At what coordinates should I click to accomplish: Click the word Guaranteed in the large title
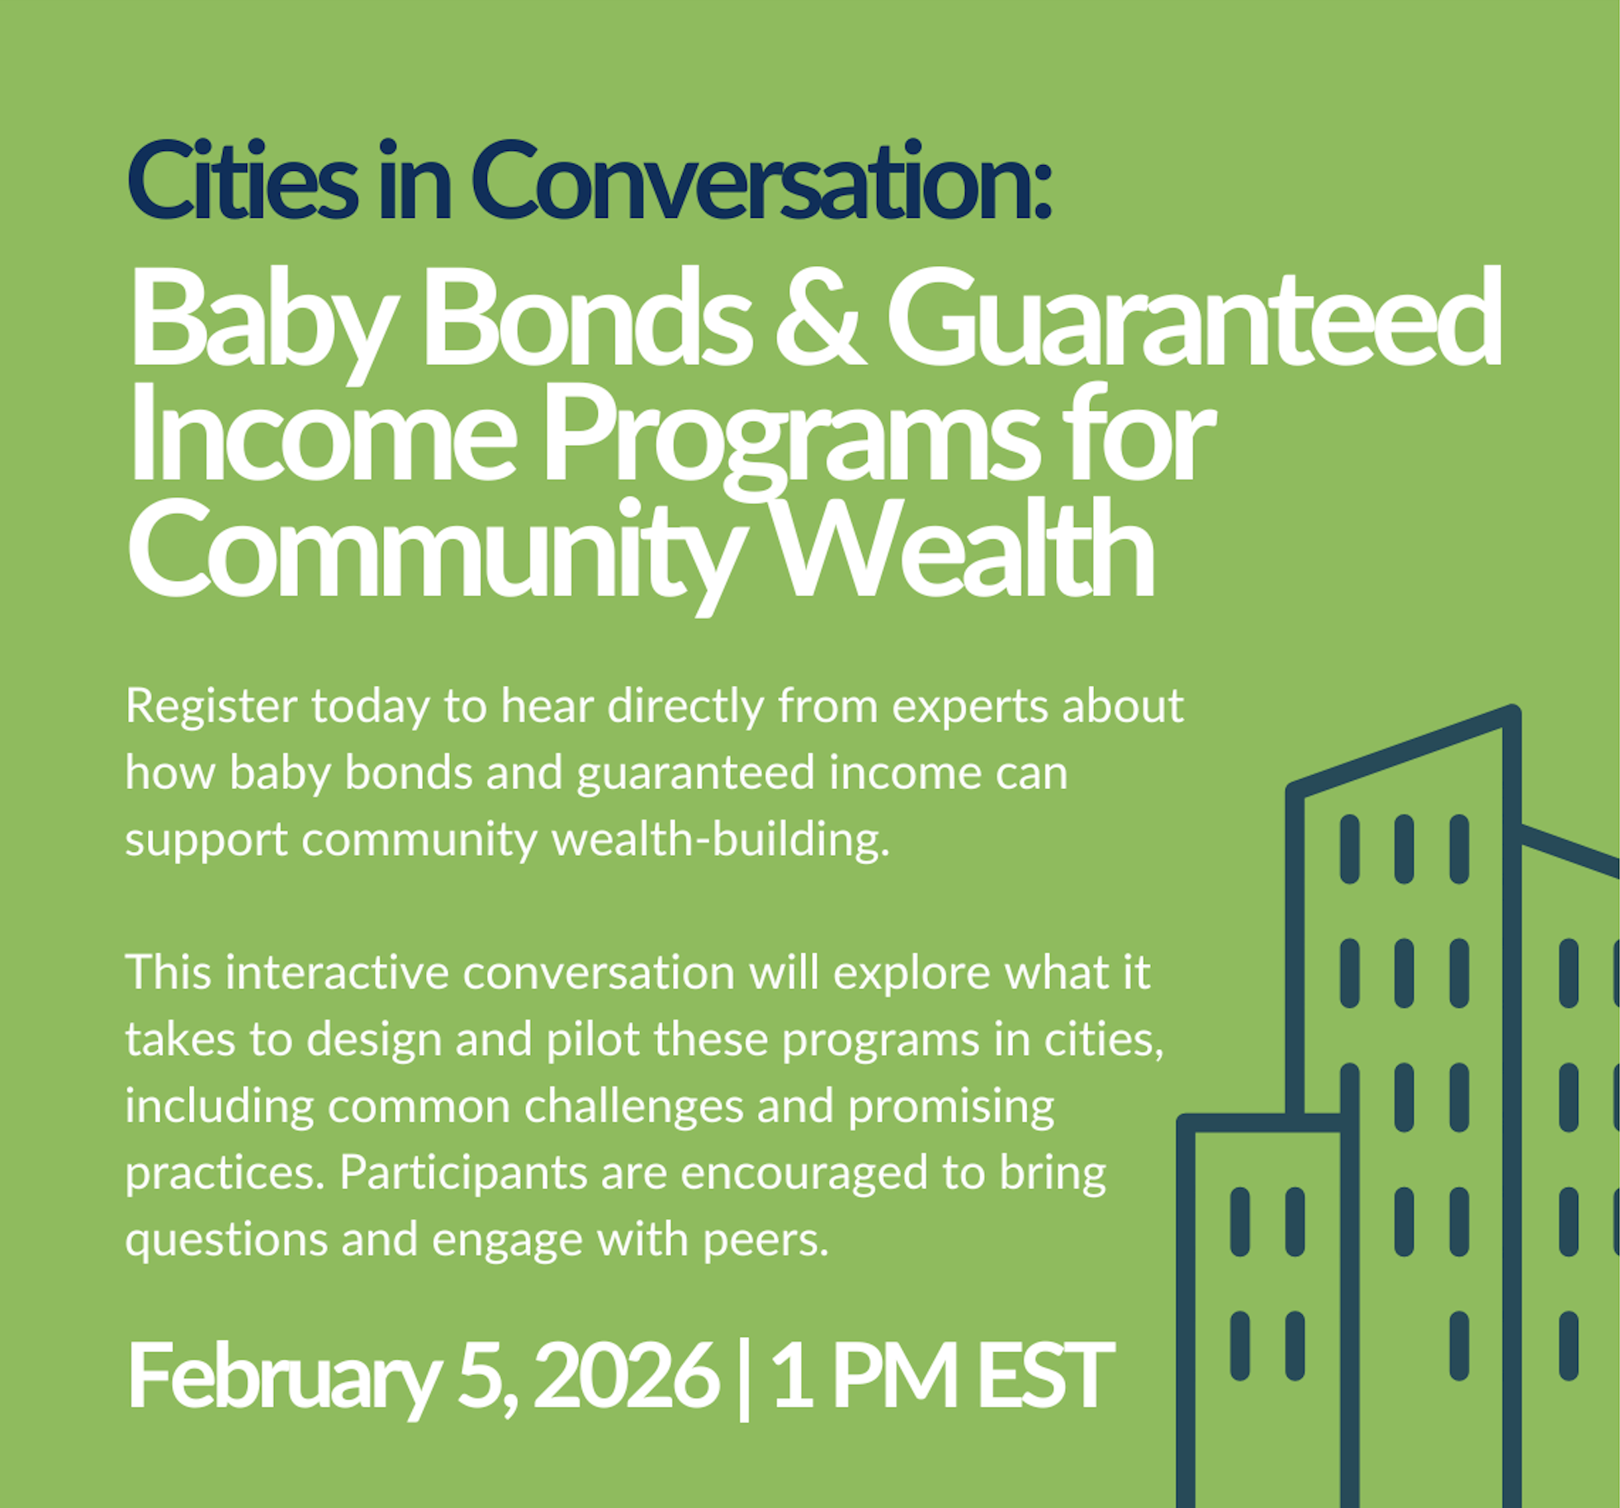tap(1193, 317)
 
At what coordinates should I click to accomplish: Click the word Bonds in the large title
tap(586, 317)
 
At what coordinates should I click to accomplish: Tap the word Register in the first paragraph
tap(211, 707)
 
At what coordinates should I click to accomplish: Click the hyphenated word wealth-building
tap(720, 840)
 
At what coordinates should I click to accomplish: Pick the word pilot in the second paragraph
tap(592, 1039)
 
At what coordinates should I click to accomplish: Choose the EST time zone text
tap(1044, 1375)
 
